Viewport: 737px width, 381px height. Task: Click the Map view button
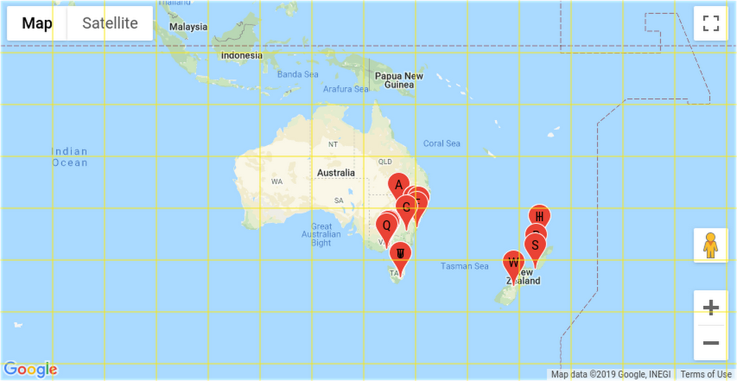click(37, 23)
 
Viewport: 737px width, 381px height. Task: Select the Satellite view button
click(110, 23)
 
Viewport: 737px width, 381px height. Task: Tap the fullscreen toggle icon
click(710, 23)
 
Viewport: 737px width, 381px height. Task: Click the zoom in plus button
click(710, 307)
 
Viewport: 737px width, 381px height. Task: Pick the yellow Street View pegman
click(710, 245)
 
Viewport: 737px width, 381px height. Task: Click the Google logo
click(30, 369)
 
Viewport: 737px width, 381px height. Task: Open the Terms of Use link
click(705, 374)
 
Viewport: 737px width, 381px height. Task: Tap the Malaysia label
click(188, 27)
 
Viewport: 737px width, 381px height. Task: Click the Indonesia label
click(242, 55)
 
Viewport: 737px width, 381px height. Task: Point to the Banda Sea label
click(298, 74)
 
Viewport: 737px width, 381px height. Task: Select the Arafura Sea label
click(346, 89)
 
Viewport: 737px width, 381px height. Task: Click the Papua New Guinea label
click(399, 80)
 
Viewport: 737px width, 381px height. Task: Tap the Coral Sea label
click(441, 144)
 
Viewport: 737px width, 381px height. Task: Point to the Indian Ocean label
click(69, 157)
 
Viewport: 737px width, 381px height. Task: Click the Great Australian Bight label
click(321, 234)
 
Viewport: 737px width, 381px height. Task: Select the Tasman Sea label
click(464, 266)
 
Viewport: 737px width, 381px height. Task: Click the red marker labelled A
click(398, 185)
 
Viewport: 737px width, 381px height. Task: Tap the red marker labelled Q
click(387, 226)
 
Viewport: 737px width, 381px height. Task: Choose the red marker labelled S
click(536, 245)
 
